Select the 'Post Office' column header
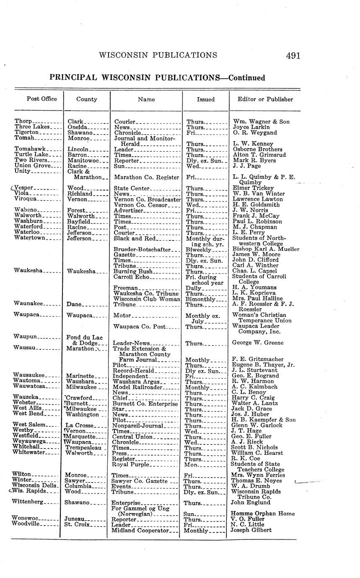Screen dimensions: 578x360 pos(39,99)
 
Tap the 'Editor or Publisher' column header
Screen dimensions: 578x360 pos(265,99)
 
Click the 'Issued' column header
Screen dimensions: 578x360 pos(206,100)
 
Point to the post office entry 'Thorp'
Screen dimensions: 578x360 pos(23,121)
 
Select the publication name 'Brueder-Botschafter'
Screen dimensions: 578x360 pos(142,249)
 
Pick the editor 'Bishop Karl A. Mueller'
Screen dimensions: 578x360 pos(266,249)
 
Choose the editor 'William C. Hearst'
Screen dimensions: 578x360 pos(257,453)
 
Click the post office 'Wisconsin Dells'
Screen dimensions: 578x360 pos(35,486)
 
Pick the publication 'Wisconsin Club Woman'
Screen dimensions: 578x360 pos(147,299)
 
